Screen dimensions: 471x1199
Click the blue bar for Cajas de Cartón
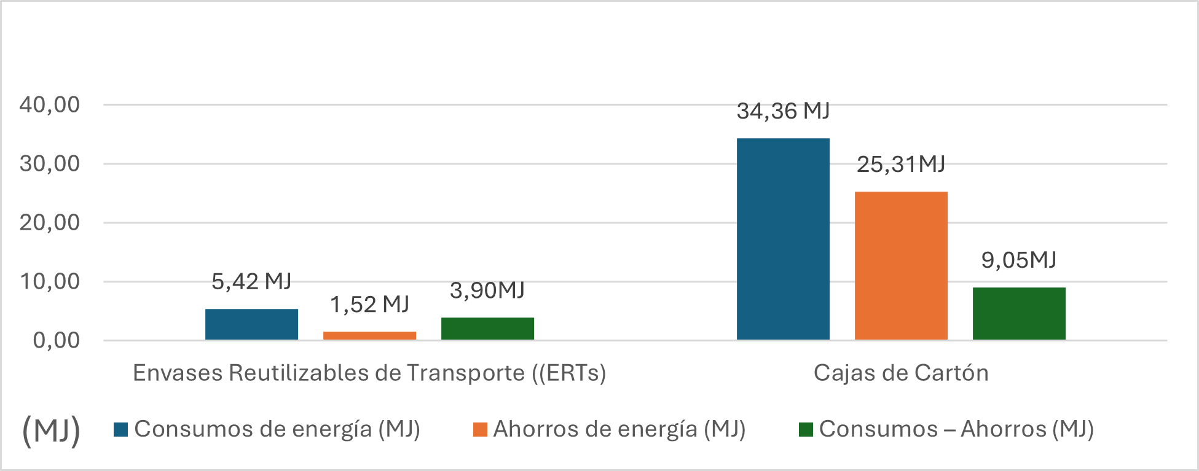pyautogui.click(x=783, y=239)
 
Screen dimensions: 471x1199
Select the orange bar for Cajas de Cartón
pyautogui.click(x=901, y=265)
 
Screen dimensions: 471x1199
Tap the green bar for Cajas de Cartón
pyautogui.click(x=1019, y=313)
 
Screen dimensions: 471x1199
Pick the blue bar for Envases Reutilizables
pyautogui.click(x=251, y=324)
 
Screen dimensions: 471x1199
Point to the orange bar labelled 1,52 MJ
pyautogui.click(x=369, y=335)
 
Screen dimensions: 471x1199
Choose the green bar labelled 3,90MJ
pyautogui.click(x=487, y=329)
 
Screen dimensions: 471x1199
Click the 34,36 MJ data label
pyautogui.click(x=783, y=111)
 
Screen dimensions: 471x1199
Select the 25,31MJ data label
pyautogui.click(x=901, y=165)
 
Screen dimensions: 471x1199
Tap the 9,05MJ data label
pyautogui.click(x=1019, y=260)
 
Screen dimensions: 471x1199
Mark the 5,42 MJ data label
pyautogui.click(x=251, y=281)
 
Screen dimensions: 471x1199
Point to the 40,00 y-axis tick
pyautogui.click(x=50, y=105)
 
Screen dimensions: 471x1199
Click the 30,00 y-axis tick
pyautogui.click(x=50, y=164)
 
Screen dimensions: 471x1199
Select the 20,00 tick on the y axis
pyautogui.click(x=50, y=223)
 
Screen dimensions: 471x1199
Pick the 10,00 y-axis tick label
pyautogui.click(x=50, y=282)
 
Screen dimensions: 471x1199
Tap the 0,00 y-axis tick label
pyautogui.click(x=57, y=340)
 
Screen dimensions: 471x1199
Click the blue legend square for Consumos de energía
pyautogui.click(x=120, y=430)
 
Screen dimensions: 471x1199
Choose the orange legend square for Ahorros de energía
pyautogui.click(x=480, y=430)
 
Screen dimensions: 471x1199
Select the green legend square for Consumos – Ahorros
pyautogui.click(x=806, y=430)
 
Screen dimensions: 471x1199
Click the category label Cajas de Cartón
pyautogui.click(x=901, y=373)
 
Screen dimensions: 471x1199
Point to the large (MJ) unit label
pyautogui.click(x=51, y=430)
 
